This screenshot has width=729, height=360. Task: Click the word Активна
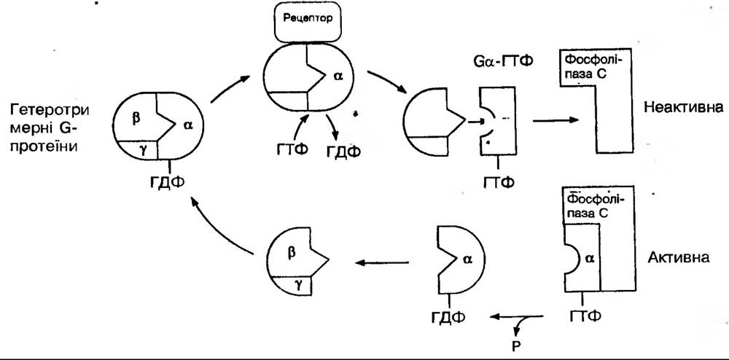677,257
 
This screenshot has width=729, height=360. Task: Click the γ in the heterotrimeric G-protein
143,149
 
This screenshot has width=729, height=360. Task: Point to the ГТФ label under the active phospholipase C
584,316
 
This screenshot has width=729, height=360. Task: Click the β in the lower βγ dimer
292,252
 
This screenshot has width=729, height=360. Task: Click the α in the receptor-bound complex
337,74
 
